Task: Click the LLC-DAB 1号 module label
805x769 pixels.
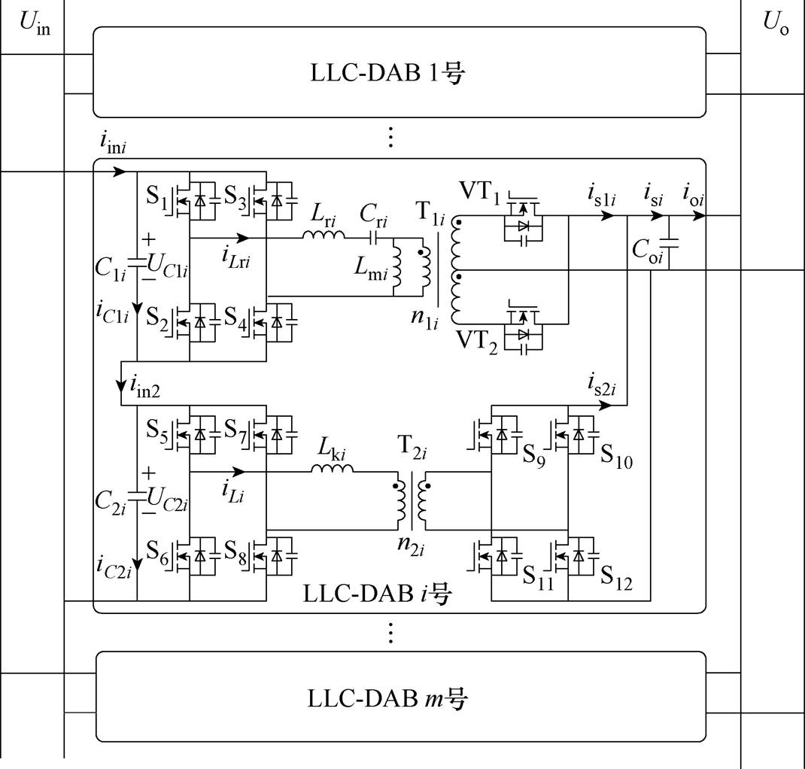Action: [x=387, y=73]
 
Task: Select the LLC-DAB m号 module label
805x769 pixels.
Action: [x=387, y=698]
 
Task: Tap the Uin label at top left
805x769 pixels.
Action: [x=35, y=23]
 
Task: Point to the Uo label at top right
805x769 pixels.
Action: [x=775, y=23]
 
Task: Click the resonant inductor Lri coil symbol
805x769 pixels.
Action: [x=324, y=235]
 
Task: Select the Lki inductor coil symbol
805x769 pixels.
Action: [x=333, y=468]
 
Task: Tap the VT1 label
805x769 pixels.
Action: [x=479, y=192]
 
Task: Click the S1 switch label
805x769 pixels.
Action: [x=157, y=197]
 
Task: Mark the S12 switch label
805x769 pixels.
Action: [x=616, y=577]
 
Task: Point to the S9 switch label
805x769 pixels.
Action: [x=534, y=454]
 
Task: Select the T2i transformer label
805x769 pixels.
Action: [x=412, y=446]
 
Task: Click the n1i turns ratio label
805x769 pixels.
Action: [x=424, y=318]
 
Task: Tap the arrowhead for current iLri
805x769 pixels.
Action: [x=241, y=238]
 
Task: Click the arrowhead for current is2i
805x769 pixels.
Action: [x=605, y=405]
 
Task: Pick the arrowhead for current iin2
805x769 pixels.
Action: [x=121, y=385]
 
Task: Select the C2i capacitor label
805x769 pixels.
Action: [x=111, y=502]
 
